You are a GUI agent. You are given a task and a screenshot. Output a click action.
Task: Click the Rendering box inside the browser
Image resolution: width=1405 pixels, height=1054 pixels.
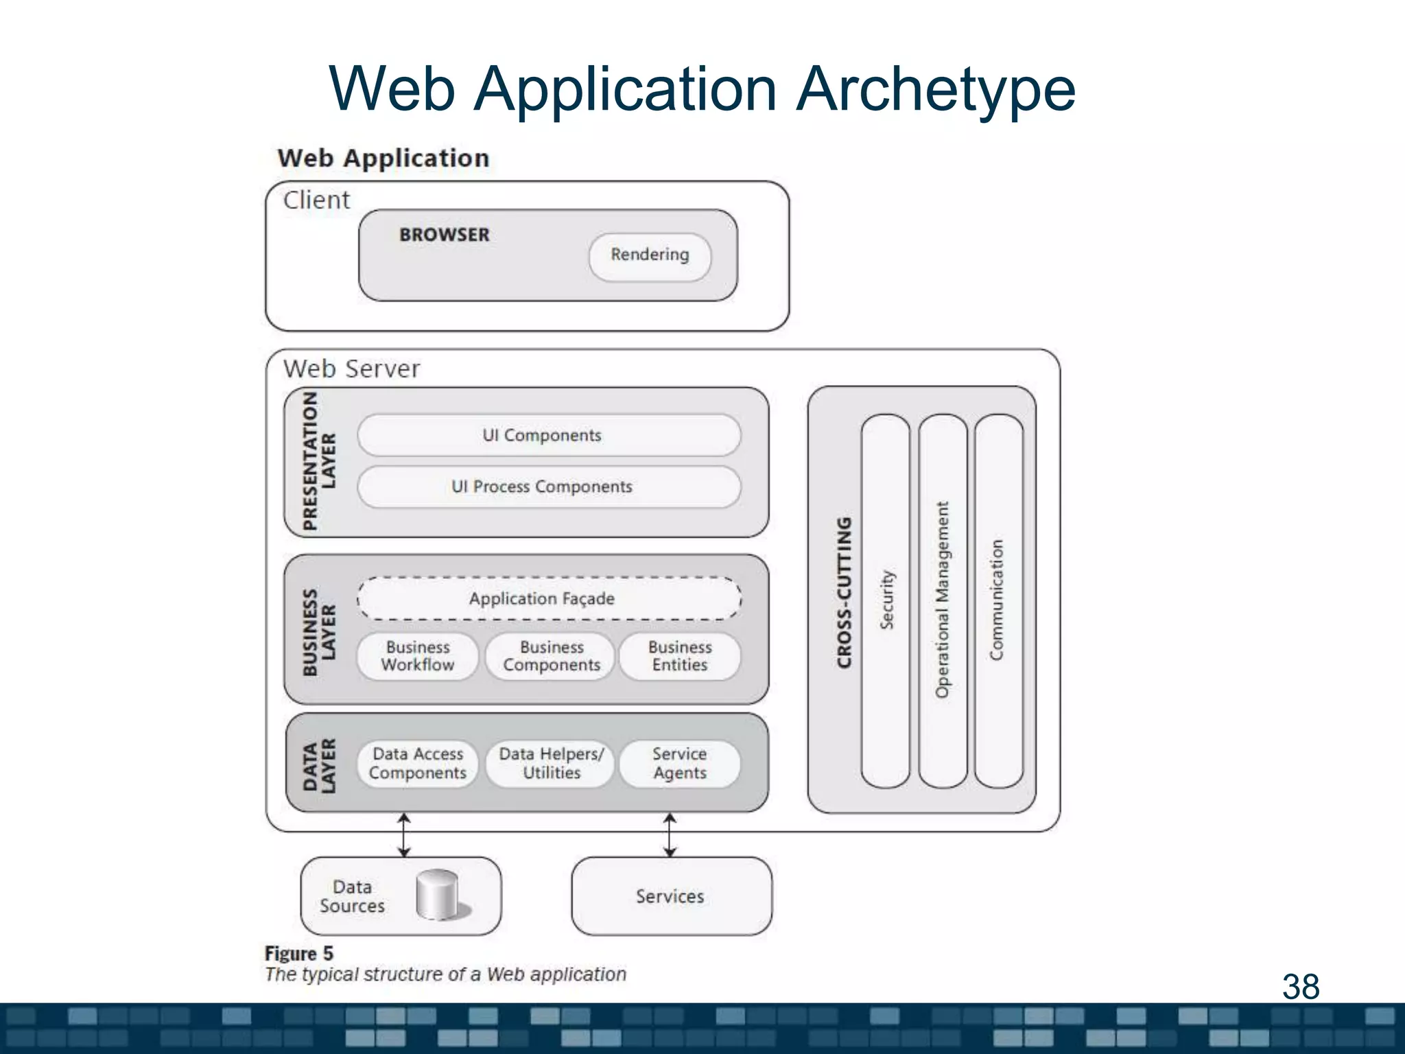(650, 256)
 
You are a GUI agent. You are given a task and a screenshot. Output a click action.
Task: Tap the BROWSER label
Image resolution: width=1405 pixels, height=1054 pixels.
(445, 235)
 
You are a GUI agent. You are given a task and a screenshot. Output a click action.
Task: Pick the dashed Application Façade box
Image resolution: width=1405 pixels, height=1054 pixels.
(549, 598)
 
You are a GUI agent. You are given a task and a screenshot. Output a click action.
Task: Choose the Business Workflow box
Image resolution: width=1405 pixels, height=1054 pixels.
(417, 657)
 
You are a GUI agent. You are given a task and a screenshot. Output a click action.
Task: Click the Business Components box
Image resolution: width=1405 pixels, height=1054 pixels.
(551, 657)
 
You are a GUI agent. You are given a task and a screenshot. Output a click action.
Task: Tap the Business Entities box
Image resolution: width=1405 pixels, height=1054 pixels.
(679, 657)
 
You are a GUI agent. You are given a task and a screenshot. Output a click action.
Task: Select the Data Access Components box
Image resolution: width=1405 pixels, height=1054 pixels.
(417, 763)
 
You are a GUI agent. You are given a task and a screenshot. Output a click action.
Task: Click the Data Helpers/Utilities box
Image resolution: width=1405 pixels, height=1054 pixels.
(551, 763)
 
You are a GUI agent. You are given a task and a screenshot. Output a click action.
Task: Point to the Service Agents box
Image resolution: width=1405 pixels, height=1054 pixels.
(679, 763)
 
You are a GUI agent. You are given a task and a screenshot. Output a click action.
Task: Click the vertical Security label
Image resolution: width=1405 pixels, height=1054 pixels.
(886, 599)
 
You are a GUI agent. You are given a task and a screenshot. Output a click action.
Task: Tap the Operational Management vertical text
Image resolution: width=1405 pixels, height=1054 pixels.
(943, 599)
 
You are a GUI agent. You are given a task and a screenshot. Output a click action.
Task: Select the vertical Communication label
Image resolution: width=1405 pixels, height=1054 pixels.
(997, 599)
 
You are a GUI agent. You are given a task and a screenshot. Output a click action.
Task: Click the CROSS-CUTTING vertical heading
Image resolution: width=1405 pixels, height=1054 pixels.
(845, 592)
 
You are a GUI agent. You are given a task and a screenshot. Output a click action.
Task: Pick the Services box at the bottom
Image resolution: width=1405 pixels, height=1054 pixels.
(670, 896)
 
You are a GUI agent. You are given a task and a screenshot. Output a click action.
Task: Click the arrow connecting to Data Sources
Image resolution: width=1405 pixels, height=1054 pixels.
(404, 834)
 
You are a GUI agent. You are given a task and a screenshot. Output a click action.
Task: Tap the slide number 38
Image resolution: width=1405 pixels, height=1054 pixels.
(1300, 987)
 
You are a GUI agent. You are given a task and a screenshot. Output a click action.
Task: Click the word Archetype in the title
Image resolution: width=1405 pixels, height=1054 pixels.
(936, 89)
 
